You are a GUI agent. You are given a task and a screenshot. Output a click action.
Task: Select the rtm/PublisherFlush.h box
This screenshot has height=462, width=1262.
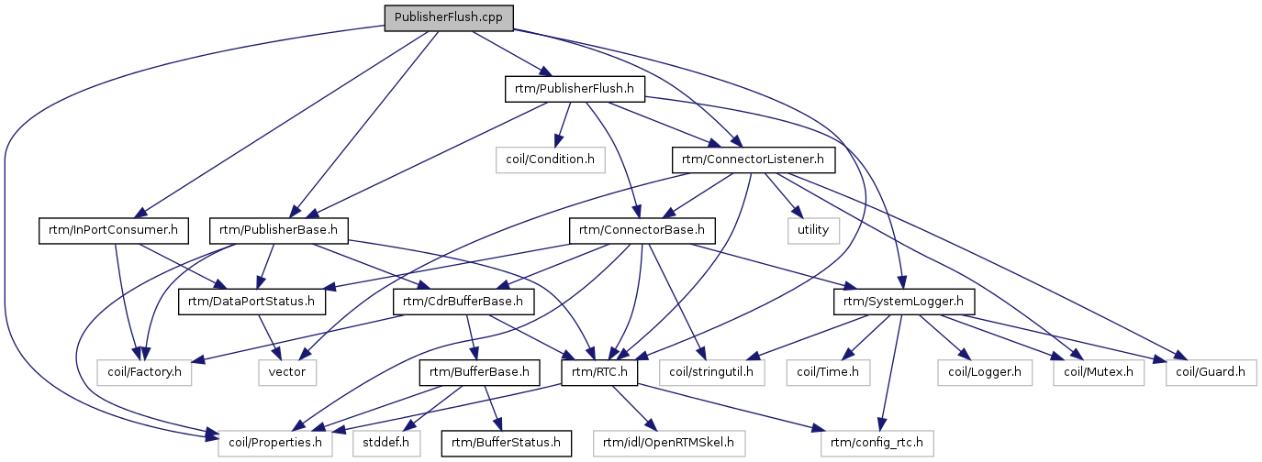click(x=575, y=88)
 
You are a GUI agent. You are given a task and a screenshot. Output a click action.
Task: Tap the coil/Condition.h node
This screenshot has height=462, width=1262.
click(x=551, y=159)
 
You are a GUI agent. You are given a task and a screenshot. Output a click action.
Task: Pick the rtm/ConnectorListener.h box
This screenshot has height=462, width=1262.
click(x=753, y=159)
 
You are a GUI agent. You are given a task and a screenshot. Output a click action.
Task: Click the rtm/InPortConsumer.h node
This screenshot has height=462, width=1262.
click(x=114, y=229)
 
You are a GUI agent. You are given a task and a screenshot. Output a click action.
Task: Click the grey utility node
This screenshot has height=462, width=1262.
click(x=813, y=229)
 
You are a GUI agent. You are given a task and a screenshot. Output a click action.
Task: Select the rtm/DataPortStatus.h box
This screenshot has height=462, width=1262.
click(x=252, y=301)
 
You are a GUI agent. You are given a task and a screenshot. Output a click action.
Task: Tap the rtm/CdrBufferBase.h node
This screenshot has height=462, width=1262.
click(x=463, y=301)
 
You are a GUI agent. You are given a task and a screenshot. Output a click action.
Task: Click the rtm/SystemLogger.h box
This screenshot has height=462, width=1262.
click(x=903, y=301)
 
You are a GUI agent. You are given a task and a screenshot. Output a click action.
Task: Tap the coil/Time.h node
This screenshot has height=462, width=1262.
click(x=828, y=372)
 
